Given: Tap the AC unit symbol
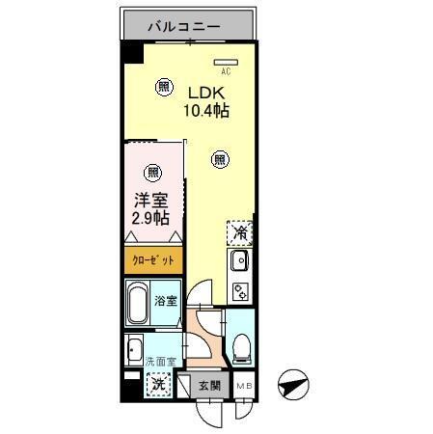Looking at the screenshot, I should [x=225, y=61].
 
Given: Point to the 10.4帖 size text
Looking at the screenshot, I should [x=205, y=111].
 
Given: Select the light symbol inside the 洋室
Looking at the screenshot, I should [x=152, y=174].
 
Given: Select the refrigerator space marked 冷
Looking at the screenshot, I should [x=239, y=233].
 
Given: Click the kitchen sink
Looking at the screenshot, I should [x=239, y=260].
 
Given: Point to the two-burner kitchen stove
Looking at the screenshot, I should [x=239, y=288].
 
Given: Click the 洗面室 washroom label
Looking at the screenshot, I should [x=159, y=361].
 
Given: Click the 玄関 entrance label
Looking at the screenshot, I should [x=210, y=385].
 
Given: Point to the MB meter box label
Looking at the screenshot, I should [x=244, y=385].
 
